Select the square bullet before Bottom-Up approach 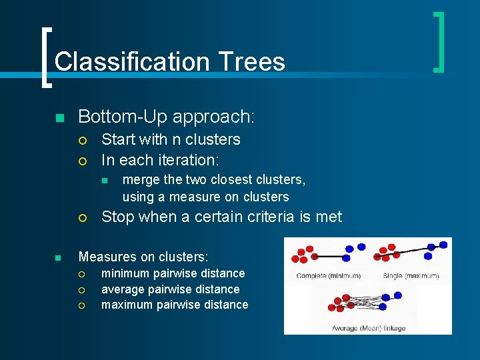(x=59, y=118)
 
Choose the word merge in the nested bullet (x=141, y=179)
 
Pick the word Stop (x=117, y=217)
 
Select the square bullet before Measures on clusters (x=59, y=257)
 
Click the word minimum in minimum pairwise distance (x=125, y=273)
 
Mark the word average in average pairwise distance (x=125, y=289)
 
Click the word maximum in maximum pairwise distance (x=126, y=305)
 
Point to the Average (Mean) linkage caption (x=369, y=327)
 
